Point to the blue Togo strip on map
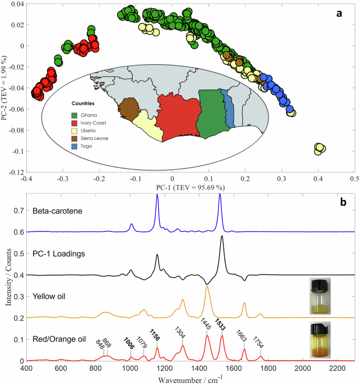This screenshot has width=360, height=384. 229,107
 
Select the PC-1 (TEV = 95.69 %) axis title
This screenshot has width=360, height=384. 190,187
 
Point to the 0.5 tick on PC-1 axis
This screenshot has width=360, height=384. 355,180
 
